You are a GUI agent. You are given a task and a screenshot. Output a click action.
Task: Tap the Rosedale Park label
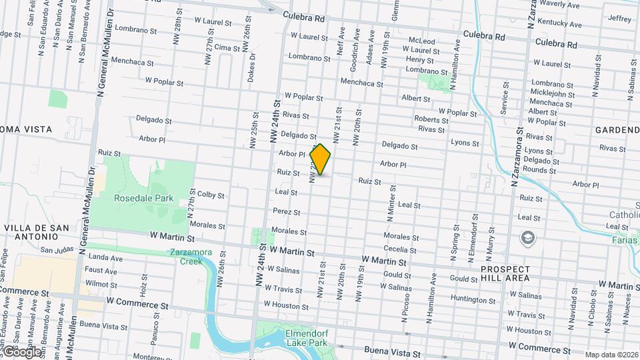pos(143,198)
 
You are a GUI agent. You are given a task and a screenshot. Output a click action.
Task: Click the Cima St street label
pos(227,48)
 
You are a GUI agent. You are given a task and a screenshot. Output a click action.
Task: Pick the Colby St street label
pos(211,195)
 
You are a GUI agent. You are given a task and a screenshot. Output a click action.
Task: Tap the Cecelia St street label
pos(400,250)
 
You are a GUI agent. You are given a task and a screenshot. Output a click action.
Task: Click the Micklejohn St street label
pos(553,94)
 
